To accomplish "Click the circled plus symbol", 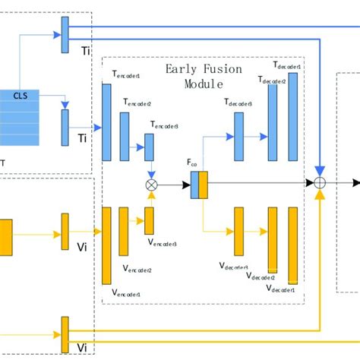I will (321, 182).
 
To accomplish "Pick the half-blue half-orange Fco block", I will (199, 185).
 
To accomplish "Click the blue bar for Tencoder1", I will (106, 122).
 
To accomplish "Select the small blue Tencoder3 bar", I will (150, 147).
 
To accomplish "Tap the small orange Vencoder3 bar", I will (150, 220).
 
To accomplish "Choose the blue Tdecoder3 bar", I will (239, 136).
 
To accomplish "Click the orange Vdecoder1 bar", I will (293, 244).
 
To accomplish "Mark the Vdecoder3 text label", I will (233, 267).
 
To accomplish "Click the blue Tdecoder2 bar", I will (273, 125).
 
